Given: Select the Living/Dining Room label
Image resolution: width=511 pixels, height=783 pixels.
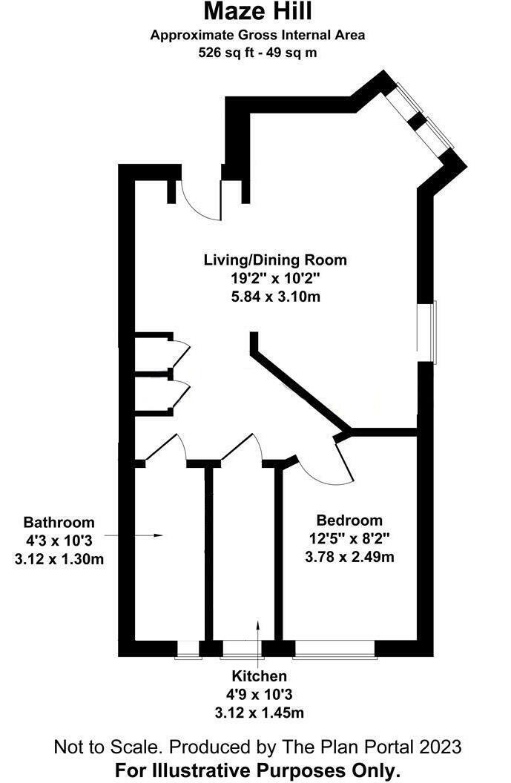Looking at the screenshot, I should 275,260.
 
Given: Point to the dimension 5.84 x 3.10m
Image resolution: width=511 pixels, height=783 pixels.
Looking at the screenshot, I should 275,297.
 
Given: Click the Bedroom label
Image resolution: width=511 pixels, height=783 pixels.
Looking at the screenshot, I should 349,520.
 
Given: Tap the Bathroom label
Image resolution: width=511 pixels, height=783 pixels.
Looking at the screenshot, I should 59,522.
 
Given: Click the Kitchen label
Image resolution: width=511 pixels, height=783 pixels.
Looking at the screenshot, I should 259,676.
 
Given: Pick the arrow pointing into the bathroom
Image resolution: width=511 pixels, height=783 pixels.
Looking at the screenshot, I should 133,535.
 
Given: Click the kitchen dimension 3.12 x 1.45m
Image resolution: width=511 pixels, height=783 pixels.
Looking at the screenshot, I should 259,713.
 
